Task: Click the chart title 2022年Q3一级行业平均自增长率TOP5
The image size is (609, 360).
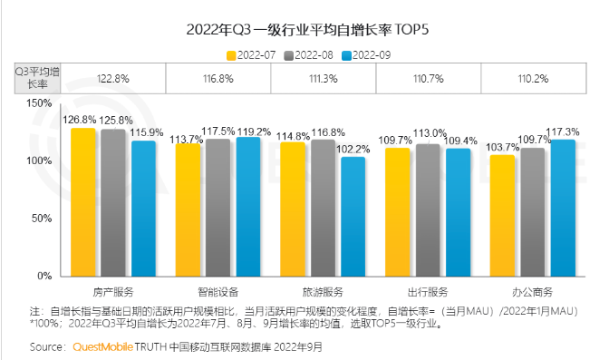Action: pos(305,29)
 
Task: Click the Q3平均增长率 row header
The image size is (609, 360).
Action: pos(36,79)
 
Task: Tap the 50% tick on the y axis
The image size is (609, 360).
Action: pos(42,219)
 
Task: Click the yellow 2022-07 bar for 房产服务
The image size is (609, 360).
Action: pos(83,202)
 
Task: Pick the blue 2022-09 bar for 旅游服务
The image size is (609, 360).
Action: pos(353,217)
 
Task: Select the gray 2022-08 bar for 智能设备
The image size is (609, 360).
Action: pos(218,208)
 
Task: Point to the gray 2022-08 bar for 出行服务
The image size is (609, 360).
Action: pos(429,210)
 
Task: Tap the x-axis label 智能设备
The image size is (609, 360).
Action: pos(218,292)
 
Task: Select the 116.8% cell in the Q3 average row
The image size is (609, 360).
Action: pos(218,79)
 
